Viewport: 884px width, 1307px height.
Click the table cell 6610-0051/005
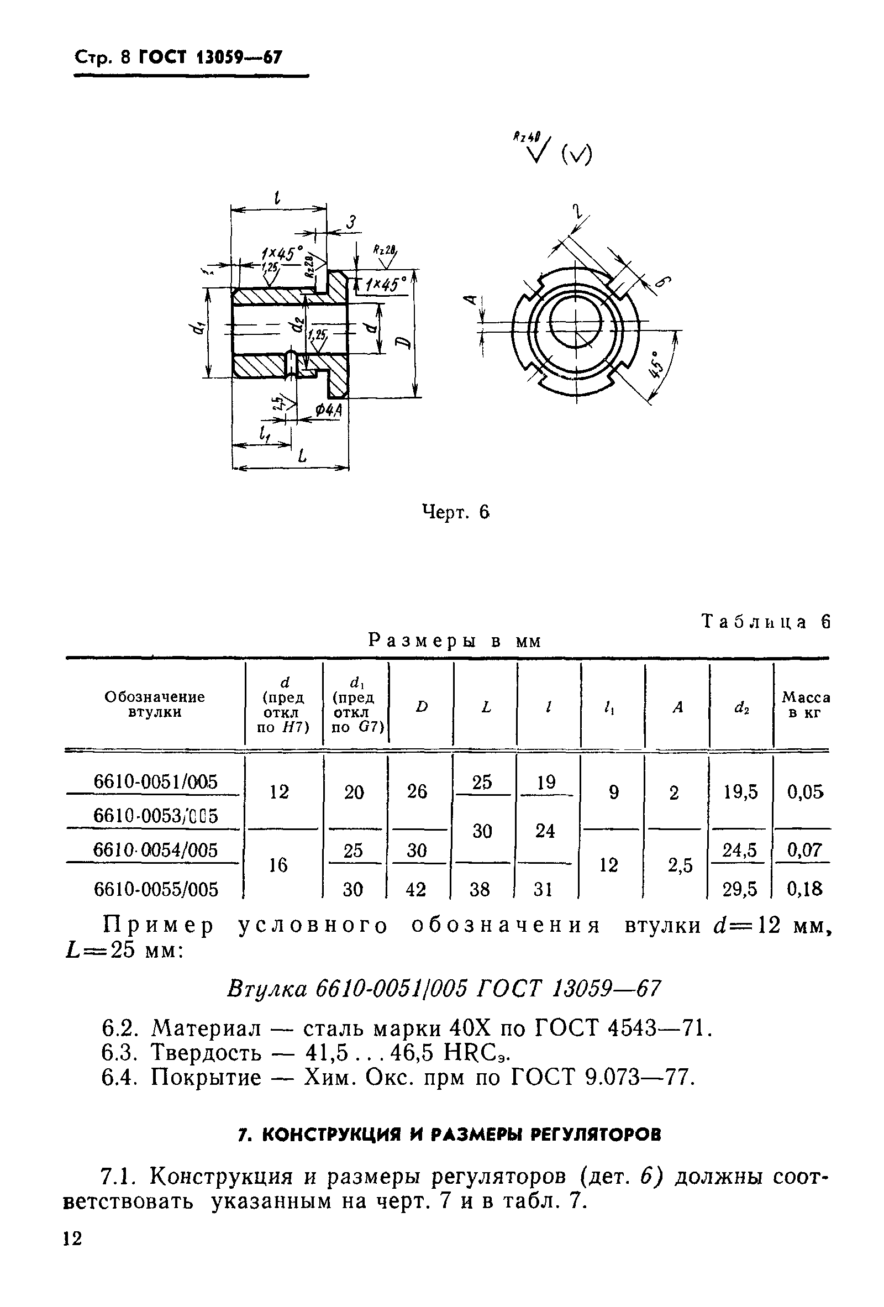(155, 782)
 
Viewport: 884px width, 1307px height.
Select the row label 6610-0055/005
(155, 889)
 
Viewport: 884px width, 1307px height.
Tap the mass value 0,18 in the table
(804, 889)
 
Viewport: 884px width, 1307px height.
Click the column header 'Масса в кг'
(806, 705)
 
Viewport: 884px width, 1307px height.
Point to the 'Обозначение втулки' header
(155, 705)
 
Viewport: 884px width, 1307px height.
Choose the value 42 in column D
(416, 889)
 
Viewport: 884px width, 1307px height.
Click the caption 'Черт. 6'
(456, 512)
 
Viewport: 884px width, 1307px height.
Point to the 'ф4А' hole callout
(328, 412)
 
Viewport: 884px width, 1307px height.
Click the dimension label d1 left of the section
(196, 332)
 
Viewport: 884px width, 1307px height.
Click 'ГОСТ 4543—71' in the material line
(622, 1029)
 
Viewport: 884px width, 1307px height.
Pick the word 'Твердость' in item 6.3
(207, 1053)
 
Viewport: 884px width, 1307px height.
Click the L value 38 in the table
(480, 889)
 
